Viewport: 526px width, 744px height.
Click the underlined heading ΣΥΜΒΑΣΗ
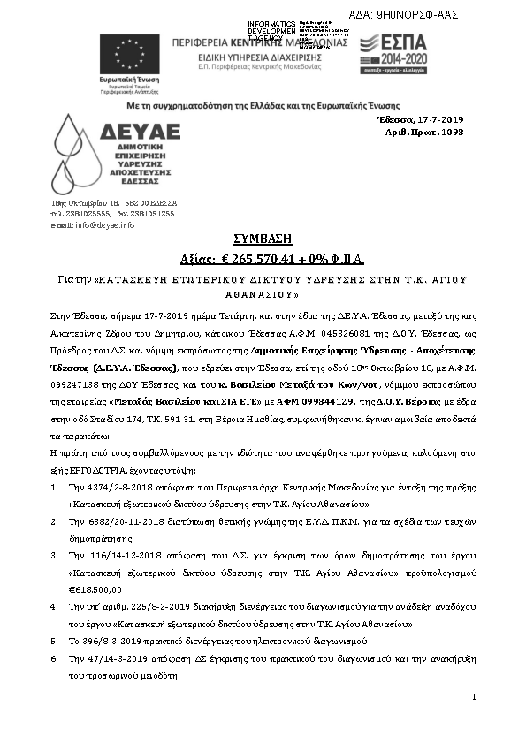point(263,239)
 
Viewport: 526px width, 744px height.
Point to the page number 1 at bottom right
point(474,697)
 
